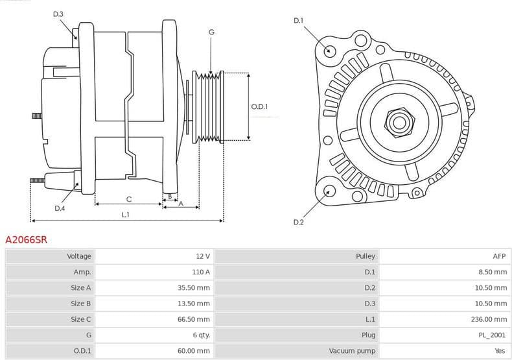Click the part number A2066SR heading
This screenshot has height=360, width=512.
[x=26, y=239]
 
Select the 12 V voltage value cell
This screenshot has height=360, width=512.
[x=202, y=256]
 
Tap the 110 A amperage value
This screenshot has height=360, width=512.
[x=201, y=272]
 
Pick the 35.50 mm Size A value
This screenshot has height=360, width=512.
[x=195, y=287]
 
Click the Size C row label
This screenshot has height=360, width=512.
[x=80, y=319]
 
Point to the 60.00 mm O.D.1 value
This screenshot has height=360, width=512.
[x=195, y=350]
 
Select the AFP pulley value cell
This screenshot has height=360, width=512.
[x=499, y=256]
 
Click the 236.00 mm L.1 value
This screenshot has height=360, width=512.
[x=492, y=319]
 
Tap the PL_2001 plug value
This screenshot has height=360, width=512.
[x=493, y=335]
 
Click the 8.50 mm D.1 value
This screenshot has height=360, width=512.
[x=493, y=272]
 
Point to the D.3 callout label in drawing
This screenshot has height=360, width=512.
[x=58, y=14]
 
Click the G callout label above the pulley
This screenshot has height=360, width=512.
[x=211, y=32]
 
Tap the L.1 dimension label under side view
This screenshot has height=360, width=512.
[x=126, y=215]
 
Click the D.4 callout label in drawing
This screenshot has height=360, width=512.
[x=60, y=208]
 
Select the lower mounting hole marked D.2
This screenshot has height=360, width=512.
[x=329, y=191]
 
